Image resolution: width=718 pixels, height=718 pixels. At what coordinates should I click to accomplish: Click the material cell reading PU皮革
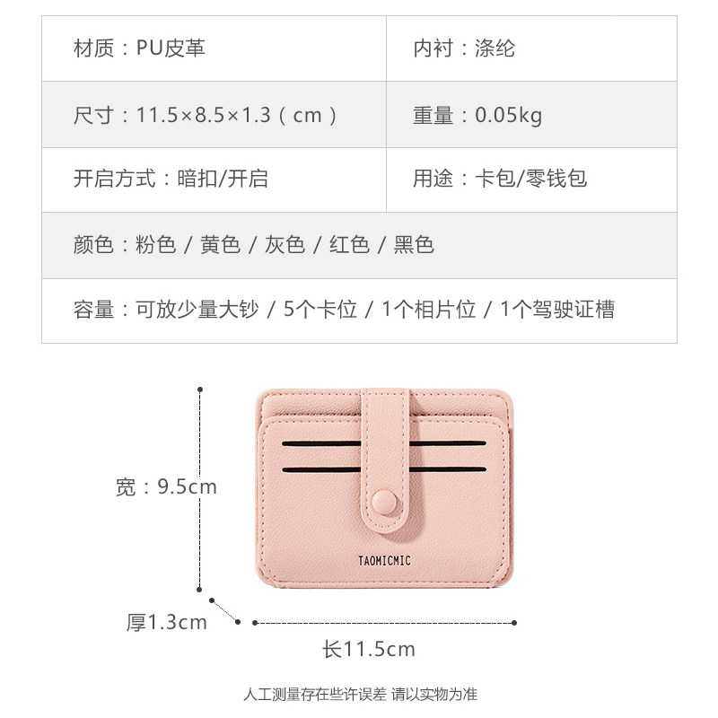point(171,48)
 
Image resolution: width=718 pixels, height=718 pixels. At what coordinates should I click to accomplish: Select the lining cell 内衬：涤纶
point(464,48)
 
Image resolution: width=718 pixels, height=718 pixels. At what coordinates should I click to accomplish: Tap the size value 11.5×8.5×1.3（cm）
point(238,115)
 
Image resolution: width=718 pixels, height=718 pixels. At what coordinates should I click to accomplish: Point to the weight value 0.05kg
point(508,115)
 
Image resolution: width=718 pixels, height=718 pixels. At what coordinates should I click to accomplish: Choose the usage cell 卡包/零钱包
point(530,179)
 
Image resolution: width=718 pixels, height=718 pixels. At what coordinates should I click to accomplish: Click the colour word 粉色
point(155,244)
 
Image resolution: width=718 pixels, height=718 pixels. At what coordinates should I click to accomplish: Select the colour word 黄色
point(220,244)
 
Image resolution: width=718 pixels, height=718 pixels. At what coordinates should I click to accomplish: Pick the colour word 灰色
point(285,244)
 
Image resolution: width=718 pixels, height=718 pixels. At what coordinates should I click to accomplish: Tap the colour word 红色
point(349,244)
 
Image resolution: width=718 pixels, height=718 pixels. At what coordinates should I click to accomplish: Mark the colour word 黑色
point(414,244)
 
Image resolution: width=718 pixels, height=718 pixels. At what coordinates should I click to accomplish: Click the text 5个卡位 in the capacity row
point(320,310)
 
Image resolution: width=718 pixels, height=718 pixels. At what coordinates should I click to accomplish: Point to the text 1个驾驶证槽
point(557,310)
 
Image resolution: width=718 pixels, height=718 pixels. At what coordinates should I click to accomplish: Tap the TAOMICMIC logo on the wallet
point(384,561)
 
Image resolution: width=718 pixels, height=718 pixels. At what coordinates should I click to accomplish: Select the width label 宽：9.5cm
point(167,487)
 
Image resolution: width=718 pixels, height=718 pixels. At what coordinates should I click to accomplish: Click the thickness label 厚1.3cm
point(167,622)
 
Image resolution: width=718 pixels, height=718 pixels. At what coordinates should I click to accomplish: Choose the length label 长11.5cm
point(369,649)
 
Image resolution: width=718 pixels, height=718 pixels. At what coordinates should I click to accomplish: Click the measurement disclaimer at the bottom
point(360,694)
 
